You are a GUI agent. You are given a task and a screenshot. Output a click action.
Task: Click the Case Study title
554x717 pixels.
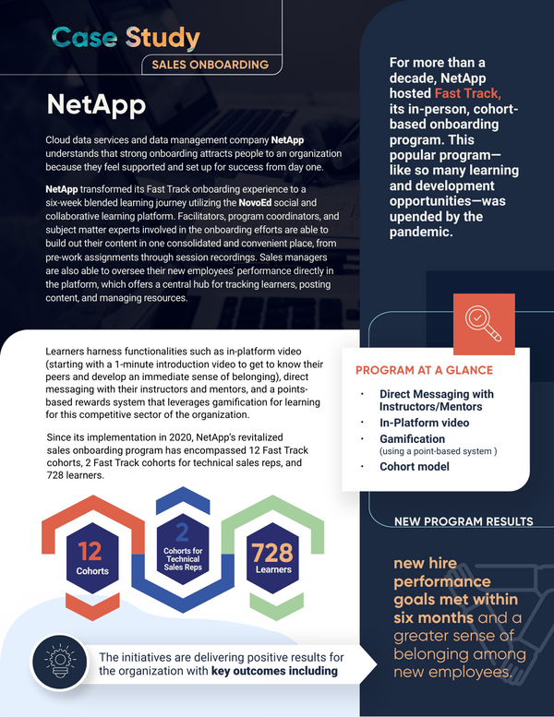point(126,38)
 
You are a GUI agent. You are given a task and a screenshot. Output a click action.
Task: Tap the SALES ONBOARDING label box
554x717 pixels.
point(210,65)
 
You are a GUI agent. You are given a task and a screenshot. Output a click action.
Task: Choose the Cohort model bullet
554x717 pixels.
point(414,466)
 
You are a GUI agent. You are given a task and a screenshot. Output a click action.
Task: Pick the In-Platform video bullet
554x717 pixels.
point(424,423)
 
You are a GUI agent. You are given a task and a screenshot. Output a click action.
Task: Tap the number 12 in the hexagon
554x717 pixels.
point(90,551)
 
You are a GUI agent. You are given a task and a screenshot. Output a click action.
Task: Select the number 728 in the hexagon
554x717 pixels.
point(272,552)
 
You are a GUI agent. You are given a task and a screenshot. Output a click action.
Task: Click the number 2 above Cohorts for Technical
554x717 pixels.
point(182,531)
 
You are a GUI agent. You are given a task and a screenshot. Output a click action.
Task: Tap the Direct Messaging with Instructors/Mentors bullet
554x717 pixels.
point(436,400)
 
